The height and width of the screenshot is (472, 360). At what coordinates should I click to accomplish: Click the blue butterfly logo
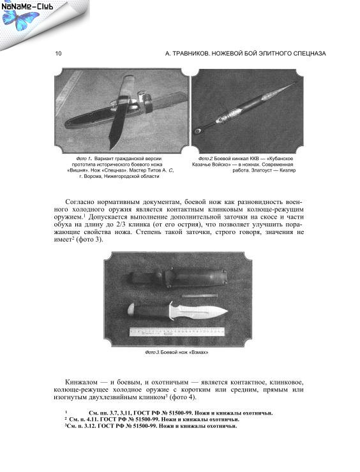point(20,20)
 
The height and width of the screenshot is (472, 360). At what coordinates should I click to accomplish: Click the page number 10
point(58,54)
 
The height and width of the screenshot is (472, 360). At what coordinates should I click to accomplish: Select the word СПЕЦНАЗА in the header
point(310,54)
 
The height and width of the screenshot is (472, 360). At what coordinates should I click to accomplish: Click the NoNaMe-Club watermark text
point(27,6)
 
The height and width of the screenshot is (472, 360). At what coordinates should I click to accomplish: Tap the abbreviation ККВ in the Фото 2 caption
point(255,158)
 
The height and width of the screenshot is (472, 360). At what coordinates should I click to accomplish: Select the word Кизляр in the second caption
point(287,170)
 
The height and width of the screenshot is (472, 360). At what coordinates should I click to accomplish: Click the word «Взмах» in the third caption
point(199,352)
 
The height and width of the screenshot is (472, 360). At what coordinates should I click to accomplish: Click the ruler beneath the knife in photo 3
point(177,332)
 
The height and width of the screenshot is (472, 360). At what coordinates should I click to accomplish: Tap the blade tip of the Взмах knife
point(227,312)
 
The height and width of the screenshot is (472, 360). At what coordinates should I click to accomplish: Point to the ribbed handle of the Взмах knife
point(150,311)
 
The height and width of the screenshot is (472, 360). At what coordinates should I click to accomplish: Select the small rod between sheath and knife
point(199,296)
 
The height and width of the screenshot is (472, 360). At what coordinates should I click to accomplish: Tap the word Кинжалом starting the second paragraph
point(81,382)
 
